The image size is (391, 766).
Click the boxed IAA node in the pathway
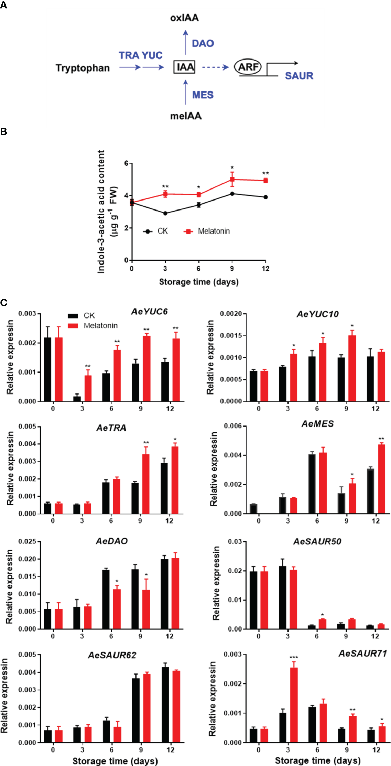185,67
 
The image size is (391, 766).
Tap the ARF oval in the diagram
248,67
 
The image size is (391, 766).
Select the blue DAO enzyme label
203,43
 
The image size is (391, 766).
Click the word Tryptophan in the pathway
83,68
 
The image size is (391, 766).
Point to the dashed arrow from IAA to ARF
215,67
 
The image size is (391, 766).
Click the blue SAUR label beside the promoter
299,76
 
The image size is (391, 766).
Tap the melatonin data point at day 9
232,179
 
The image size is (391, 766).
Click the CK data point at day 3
165,213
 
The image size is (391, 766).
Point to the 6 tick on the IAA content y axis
126,163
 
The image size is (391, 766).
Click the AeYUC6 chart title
149,312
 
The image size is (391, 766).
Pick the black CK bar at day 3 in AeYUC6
77,399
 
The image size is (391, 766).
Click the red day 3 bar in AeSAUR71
294,705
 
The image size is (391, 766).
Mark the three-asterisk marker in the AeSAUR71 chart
294,657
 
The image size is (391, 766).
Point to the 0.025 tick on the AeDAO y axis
27,542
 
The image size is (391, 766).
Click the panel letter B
3,131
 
